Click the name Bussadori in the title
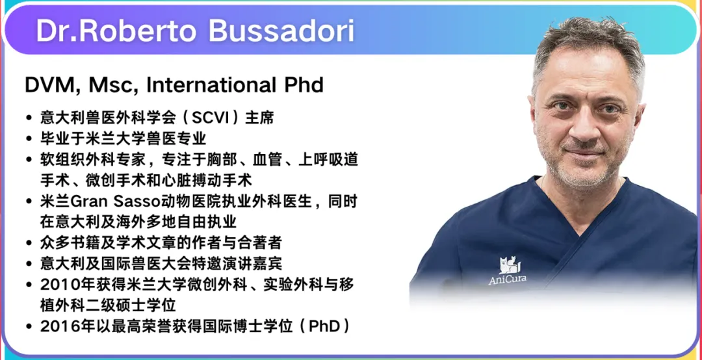click(x=281, y=31)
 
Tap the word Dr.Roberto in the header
click(x=117, y=31)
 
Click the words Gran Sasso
click(x=109, y=202)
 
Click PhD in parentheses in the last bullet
click(x=325, y=326)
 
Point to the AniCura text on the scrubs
click(x=507, y=280)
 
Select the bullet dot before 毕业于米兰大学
click(x=29, y=139)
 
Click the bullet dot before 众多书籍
click(x=29, y=244)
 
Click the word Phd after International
click(x=303, y=84)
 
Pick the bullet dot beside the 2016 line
click(x=29, y=327)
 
